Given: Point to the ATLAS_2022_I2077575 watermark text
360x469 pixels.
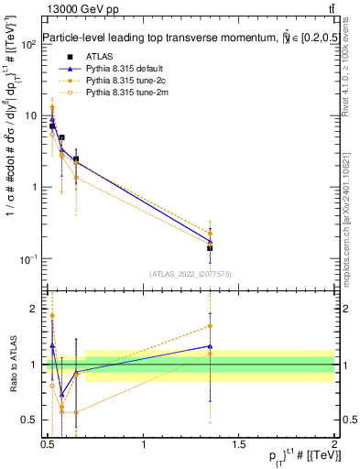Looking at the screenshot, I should coord(191,273).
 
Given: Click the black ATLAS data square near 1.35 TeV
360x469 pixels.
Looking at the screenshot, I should coord(211,248).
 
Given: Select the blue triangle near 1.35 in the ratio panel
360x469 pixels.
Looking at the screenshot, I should coord(211,346).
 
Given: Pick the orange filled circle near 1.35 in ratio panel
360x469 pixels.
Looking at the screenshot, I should coord(211,326).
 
